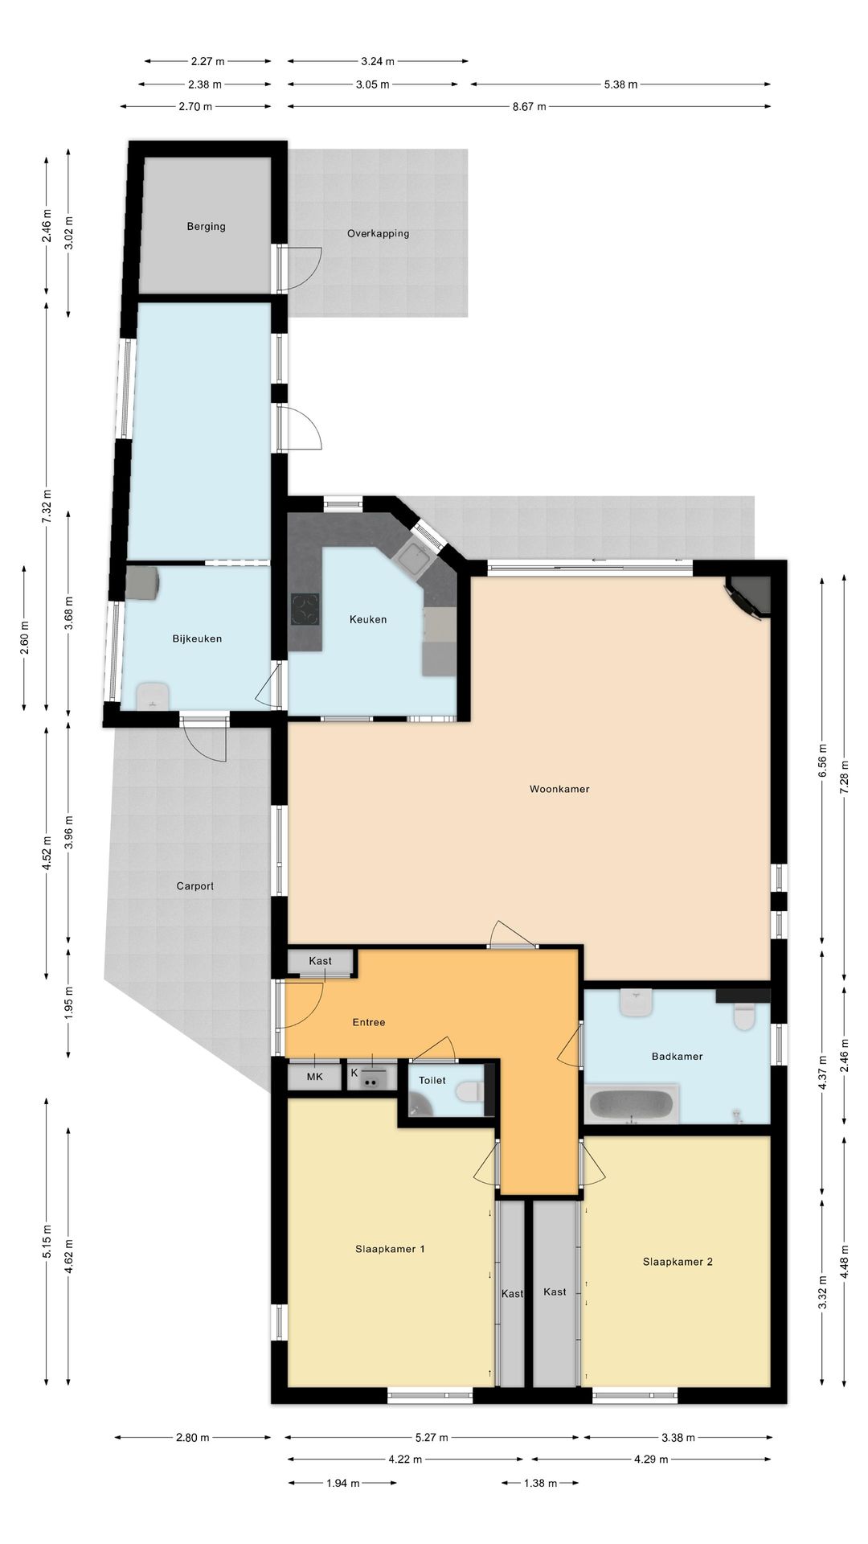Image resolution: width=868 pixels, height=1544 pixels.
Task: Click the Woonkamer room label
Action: pyautogui.click(x=559, y=789)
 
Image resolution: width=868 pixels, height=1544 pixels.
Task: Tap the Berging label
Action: pyautogui.click(x=206, y=227)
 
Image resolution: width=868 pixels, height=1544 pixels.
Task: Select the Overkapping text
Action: pyautogui.click(x=378, y=234)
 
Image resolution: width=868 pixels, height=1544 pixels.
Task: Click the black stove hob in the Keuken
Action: pyautogui.click(x=305, y=609)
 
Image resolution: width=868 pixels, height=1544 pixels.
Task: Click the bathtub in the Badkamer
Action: pyautogui.click(x=633, y=1104)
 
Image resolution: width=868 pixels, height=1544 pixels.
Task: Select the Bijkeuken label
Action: pyautogui.click(x=197, y=639)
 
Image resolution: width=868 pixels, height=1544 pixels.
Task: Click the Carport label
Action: pyautogui.click(x=195, y=886)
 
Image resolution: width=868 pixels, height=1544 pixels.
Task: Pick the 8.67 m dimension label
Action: pyautogui.click(x=529, y=106)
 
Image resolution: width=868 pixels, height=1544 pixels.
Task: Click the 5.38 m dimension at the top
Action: pyautogui.click(x=620, y=84)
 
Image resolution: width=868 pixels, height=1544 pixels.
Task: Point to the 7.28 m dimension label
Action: pyautogui.click(x=844, y=777)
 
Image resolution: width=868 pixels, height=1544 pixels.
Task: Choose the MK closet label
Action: pyautogui.click(x=315, y=1076)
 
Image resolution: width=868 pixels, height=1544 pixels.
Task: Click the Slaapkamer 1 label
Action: pyautogui.click(x=390, y=1249)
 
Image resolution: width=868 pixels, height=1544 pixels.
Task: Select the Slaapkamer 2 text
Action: pyautogui.click(x=678, y=1262)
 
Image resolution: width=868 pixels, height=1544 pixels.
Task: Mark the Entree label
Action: pyautogui.click(x=369, y=1022)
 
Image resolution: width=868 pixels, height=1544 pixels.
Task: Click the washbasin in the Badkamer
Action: pyautogui.click(x=636, y=1003)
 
